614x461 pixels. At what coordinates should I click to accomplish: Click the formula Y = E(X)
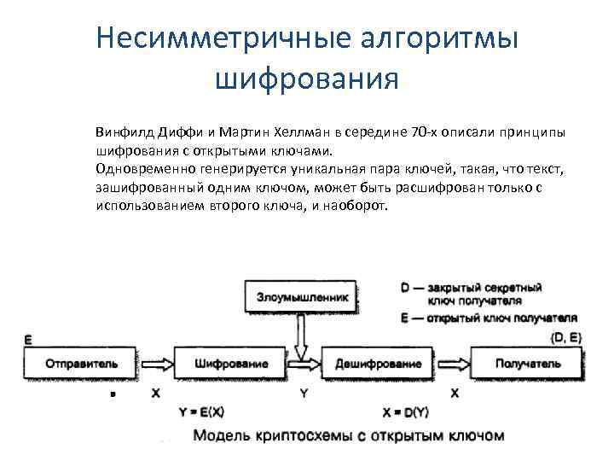(202, 411)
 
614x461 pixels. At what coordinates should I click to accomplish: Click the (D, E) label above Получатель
(565, 337)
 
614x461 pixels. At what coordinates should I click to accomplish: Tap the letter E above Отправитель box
(28, 339)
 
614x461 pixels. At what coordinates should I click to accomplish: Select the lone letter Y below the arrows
(304, 394)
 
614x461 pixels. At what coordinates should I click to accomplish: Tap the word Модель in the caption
(225, 435)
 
